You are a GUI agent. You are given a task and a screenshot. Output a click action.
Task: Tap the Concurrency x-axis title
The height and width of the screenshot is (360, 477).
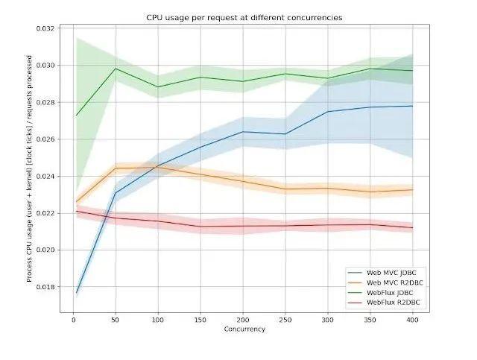(x=243, y=329)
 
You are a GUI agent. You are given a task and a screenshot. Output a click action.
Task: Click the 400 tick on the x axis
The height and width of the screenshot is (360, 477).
(x=412, y=319)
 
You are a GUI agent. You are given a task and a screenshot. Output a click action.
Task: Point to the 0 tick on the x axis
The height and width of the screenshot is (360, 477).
(x=74, y=319)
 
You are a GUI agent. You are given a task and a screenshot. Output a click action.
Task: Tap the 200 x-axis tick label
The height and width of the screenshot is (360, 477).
(x=243, y=319)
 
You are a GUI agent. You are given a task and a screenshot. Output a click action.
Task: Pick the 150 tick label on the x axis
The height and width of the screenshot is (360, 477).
(x=200, y=319)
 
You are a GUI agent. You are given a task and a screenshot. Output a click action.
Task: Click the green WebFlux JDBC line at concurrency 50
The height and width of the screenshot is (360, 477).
(x=116, y=69)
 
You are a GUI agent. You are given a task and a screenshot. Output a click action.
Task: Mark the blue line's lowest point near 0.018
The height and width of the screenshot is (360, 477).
(x=78, y=292)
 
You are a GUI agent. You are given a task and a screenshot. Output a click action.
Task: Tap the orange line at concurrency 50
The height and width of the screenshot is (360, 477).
(x=116, y=168)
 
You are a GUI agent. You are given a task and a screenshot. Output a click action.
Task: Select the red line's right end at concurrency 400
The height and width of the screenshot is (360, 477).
(x=412, y=227)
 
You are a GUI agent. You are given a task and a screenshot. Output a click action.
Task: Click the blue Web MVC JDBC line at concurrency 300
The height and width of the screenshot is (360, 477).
(x=327, y=112)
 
